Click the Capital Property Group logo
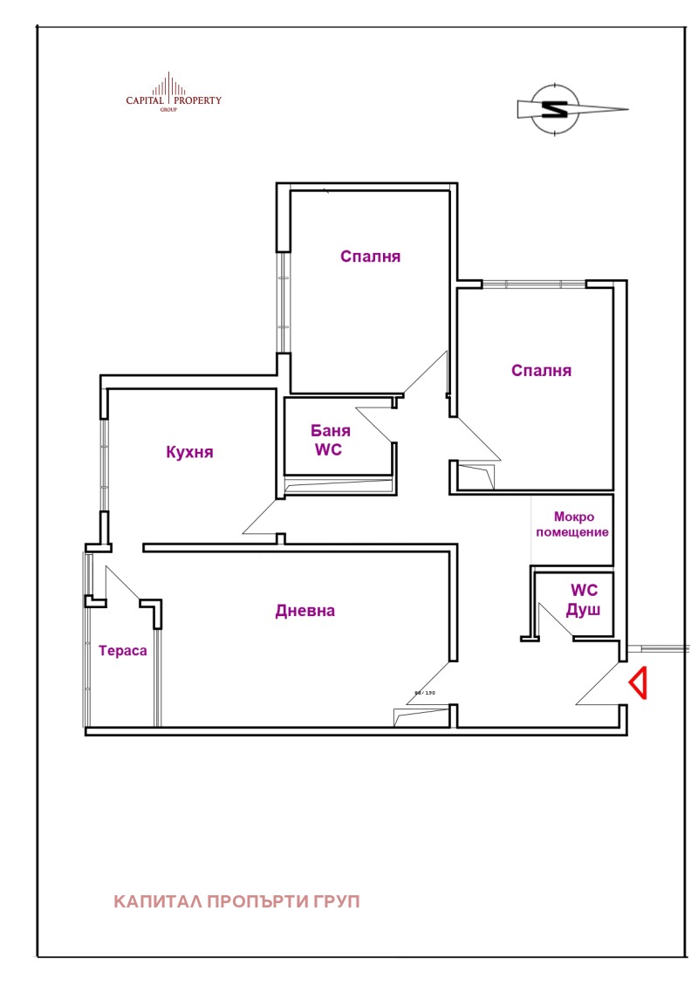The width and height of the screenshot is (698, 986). [174, 94]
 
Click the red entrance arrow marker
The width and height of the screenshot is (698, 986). [638, 683]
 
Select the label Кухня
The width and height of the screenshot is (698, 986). [189, 452]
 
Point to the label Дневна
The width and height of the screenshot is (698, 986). [305, 611]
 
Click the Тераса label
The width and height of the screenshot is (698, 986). [122, 651]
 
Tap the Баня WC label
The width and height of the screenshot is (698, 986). [332, 441]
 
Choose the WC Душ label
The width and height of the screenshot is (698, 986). [584, 600]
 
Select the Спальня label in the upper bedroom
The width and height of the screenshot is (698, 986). [370, 257]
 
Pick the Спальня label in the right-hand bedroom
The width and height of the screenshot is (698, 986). [541, 370]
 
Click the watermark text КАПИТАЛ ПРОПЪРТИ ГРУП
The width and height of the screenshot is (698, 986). [236, 901]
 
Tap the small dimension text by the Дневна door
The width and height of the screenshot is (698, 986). [424, 693]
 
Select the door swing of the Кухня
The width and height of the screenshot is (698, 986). [260, 518]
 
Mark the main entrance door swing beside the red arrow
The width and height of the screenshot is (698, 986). [602, 686]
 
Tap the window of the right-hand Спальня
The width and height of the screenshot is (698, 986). [534, 283]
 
